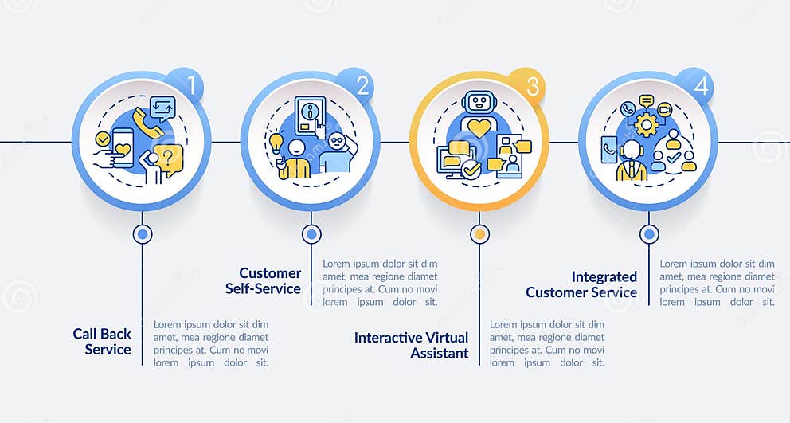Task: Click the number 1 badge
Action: tap(190, 84)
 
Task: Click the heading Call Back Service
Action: tap(102, 341)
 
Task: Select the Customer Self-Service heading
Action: tap(270, 280)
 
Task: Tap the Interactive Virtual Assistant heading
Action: tap(411, 345)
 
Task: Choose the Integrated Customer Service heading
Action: tap(581, 284)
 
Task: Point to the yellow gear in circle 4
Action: tap(646, 125)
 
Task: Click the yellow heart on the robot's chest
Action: tap(479, 127)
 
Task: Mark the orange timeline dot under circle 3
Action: tap(479, 234)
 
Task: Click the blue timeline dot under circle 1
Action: tap(143, 234)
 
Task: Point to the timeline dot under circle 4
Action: tap(650, 234)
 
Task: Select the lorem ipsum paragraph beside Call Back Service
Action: tap(210, 343)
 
